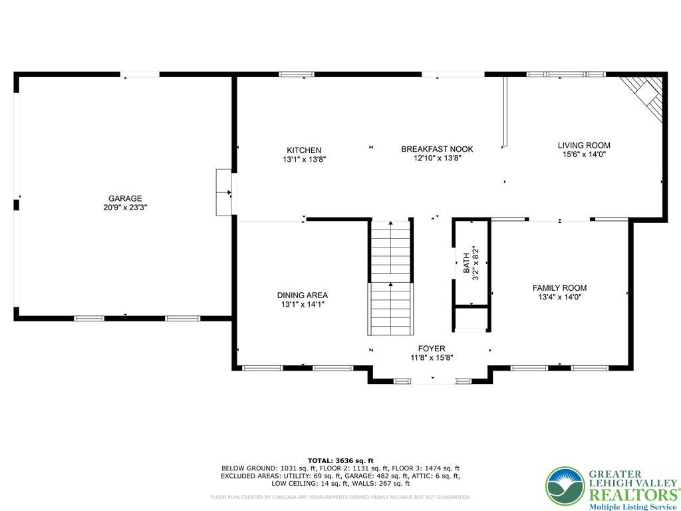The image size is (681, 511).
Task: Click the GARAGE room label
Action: pyautogui.click(x=125, y=198)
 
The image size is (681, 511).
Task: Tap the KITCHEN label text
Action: pyautogui.click(x=304, y=150)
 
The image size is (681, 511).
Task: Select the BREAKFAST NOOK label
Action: pyautogui.click(x=437, y=149)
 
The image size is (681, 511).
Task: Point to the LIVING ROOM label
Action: pyautogui.click(x=583, y=145)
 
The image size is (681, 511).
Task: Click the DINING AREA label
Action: pyautogui.click(x=302, y=295)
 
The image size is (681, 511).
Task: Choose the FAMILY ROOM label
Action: pyautogui.click(x=559, y=288)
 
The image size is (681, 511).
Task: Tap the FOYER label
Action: pyautogui.click(x=431, y=349)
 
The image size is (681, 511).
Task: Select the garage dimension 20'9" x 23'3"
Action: pyautogui.click(x=125, y=208)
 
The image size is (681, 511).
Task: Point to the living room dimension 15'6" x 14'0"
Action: pyautogui.click(x=583, y=154)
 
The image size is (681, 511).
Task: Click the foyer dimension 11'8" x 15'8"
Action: pyautogui.click(x=431, y=358)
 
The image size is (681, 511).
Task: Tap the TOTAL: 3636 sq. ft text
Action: pyautogui.click(x=340, y=460)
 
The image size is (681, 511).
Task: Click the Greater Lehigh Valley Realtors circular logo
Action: pyautogui.click(x=565, y=486)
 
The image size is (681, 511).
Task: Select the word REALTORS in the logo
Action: pyautogui.click(x=632, y=495)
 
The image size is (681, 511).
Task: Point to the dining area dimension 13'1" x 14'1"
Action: pyautogui.click(x=302, y=305)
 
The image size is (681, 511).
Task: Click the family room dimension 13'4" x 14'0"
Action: pyautogui.click(x=559, y=297)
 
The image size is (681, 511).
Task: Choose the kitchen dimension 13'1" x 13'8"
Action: pyautogui.click(x=304, y=160)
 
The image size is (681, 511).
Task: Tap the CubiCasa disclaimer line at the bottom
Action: pyautogui.click(x=340, y=497)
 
